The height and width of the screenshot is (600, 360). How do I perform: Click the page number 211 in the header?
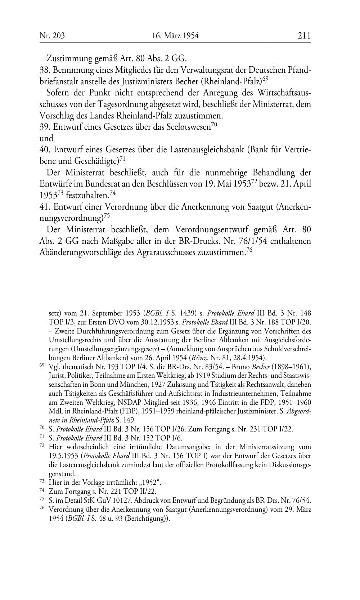[304, 35]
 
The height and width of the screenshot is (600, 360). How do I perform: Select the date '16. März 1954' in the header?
[175, 35]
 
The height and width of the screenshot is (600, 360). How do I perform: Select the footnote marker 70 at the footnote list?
[41, 427]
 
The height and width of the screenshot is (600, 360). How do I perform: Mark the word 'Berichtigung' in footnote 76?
[146, 519]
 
